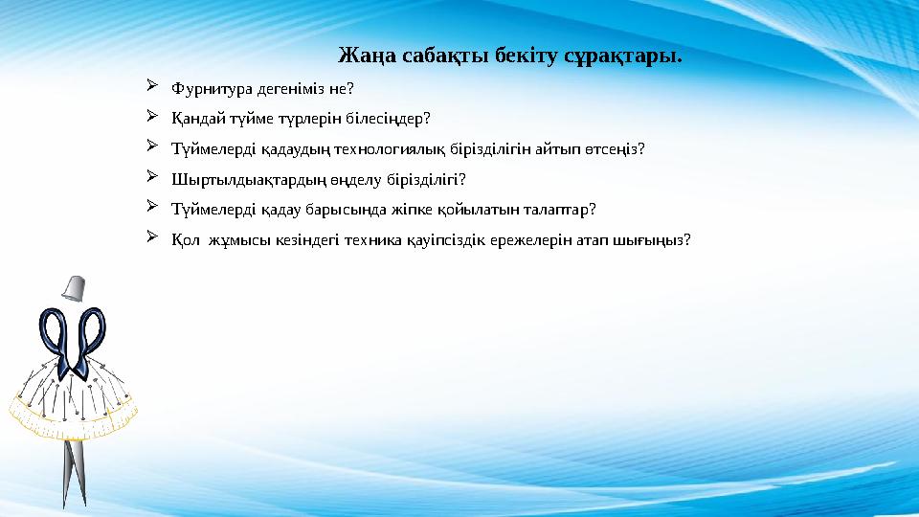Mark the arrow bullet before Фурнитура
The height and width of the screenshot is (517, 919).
152,88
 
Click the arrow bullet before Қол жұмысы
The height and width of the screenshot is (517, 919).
152,238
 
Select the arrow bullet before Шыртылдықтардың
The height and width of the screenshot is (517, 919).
152,178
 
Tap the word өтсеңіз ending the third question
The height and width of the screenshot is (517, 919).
613,149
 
